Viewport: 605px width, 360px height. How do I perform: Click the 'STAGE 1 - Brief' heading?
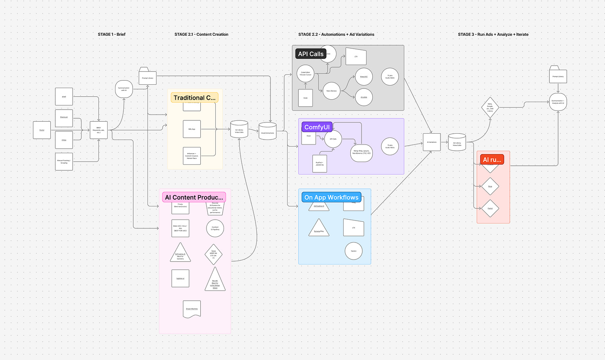click(111, 34)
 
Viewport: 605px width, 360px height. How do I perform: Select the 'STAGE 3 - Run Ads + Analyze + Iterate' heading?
click(493, 34)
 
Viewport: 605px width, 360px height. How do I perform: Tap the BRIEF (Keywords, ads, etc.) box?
click(98, 130)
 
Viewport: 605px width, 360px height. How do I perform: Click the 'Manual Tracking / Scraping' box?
click(64, 162)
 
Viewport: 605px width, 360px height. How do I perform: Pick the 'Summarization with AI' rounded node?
click(123, 89)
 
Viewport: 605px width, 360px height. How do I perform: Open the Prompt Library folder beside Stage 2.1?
click(148, 76)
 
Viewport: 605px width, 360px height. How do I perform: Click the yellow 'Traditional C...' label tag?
click(194, 98)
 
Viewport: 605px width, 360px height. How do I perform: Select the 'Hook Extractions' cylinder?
click(267, 131)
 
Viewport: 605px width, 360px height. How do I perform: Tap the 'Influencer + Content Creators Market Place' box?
click(192, 156)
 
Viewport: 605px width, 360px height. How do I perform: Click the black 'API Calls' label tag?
click(310, 54)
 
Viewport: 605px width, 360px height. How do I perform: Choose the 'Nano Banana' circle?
click(331, 91)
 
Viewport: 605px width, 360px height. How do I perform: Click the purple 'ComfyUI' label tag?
click(317, 127)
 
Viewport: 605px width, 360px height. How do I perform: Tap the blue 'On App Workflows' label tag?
click(331, 197)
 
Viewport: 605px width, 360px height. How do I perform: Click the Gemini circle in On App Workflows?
click(353, 251)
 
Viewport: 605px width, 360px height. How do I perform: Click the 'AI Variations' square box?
click(432, 142)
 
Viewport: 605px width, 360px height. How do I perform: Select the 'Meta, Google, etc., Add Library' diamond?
click(489, 107)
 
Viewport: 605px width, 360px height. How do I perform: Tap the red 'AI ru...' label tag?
click(492, 159)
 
